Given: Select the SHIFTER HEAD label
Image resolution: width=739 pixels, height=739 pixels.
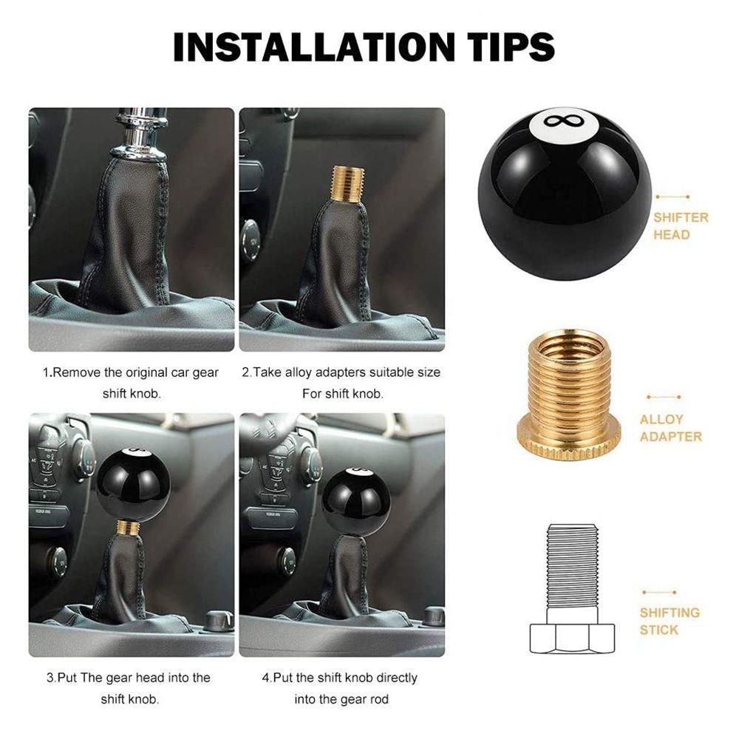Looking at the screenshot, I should pyautogui.click(x=681, y=226).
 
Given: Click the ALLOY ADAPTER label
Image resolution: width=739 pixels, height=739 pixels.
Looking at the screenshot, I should pyautogui.click(x=670, y=428).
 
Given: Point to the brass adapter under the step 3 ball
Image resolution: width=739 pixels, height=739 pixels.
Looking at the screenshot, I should pyautogui.click(x=128, y=528).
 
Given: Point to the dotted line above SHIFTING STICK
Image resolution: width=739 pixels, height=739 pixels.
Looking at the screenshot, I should pyautogui.click(x=659, y=593).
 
